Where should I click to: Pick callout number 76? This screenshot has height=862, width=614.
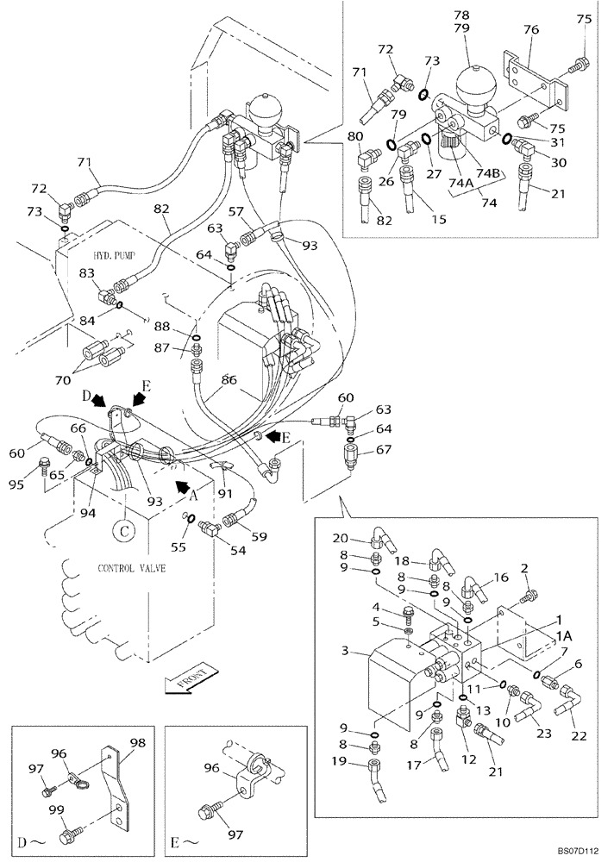tap(531, 29)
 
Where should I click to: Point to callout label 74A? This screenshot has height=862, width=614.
tap(460, 182)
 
